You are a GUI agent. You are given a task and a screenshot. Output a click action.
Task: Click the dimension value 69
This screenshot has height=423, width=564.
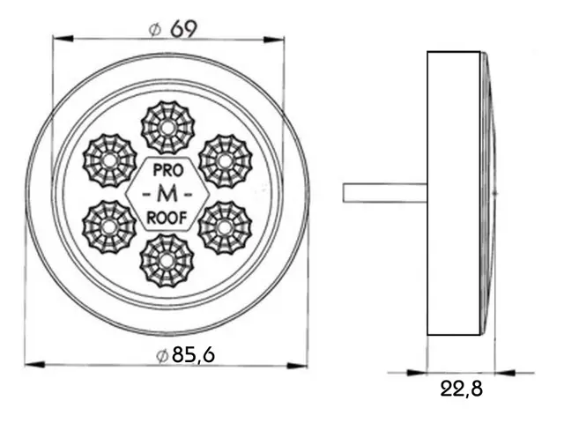(x=184, y=29)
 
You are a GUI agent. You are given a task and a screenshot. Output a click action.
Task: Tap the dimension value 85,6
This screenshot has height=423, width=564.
(x=193, y=355)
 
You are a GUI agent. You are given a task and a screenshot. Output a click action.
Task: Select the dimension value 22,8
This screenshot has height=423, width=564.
(x=462, y=389)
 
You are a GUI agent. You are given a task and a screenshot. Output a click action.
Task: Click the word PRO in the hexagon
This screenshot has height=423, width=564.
(x=168, y=170)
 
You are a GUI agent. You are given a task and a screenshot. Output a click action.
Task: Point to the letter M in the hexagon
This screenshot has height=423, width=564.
(x=167, y=195)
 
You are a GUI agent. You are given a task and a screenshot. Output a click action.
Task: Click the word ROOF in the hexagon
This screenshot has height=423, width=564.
(x=167, y=218)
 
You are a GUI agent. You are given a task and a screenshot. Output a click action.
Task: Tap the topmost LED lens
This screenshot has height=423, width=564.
(x=167, y=128)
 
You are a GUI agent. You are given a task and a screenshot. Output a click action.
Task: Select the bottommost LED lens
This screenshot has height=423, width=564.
(x=167, y=261)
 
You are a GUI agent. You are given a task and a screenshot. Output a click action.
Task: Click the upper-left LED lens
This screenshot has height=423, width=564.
(x=109, y=160)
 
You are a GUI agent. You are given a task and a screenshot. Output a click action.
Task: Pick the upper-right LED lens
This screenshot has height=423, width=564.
(x=226, y=160)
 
